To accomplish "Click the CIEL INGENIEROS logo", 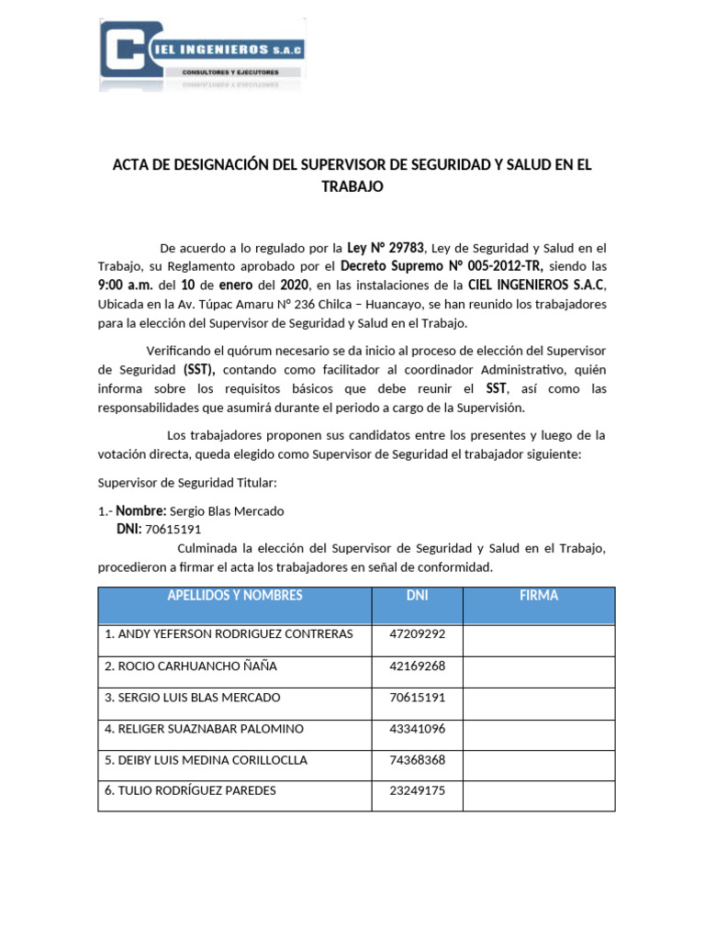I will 202,54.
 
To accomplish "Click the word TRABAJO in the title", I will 352,186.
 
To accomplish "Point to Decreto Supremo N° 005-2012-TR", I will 442,266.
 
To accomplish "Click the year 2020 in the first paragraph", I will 295,285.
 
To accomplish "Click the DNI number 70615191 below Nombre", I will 173,529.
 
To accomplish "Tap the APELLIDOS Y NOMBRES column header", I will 234,596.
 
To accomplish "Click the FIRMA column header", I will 538,596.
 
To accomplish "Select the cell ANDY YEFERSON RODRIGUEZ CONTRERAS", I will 229,634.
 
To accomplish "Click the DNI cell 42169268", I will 418,666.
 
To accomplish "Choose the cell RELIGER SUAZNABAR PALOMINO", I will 204,729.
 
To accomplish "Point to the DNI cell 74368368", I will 418,760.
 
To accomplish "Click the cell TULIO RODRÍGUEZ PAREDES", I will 190,790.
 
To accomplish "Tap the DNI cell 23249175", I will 418,790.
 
